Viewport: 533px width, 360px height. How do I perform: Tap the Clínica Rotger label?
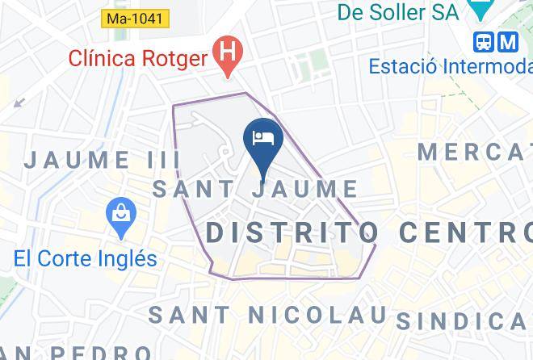pos(138,57)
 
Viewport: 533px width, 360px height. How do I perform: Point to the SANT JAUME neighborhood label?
pos(255,190)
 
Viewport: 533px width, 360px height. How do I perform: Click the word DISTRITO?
pos(292,232)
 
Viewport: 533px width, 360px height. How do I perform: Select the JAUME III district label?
pos(102,159)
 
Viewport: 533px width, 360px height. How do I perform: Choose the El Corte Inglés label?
pos(85,258)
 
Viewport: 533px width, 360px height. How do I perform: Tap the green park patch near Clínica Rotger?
pos(305,68)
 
